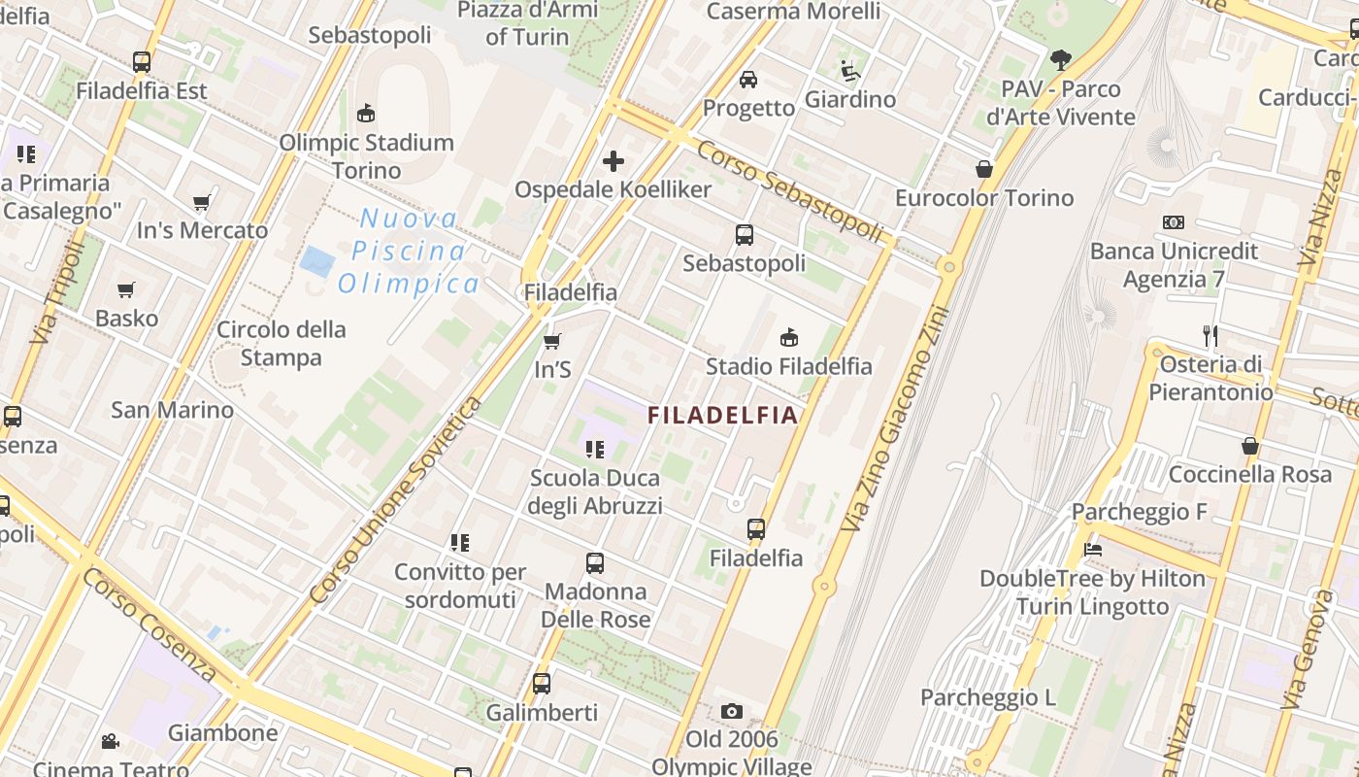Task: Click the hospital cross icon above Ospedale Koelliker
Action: coord(613,160)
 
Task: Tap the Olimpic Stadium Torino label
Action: coord(366,156)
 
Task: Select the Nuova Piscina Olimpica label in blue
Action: coord(409,251)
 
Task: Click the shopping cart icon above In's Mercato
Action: coord(201,203)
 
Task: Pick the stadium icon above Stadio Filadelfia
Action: coord(788,338)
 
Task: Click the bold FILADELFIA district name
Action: coord(722,416)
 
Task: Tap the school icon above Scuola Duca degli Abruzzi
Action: coord(594,450)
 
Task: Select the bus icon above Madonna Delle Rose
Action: coord(594,563)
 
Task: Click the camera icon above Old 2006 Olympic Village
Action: coord(732,712)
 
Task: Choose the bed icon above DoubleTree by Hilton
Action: coord(1092,550)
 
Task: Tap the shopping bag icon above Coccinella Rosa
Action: coord(1250,446)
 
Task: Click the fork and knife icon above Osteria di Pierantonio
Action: coord(1210,336)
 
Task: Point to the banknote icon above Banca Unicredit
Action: coord(1174,222)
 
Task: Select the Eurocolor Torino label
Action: coord(984,198)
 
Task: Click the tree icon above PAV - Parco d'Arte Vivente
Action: coord(1061,60)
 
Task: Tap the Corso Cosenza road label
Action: coord(149,624)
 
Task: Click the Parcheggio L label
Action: coord(987,697)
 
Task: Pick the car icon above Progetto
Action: coord(748,79)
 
